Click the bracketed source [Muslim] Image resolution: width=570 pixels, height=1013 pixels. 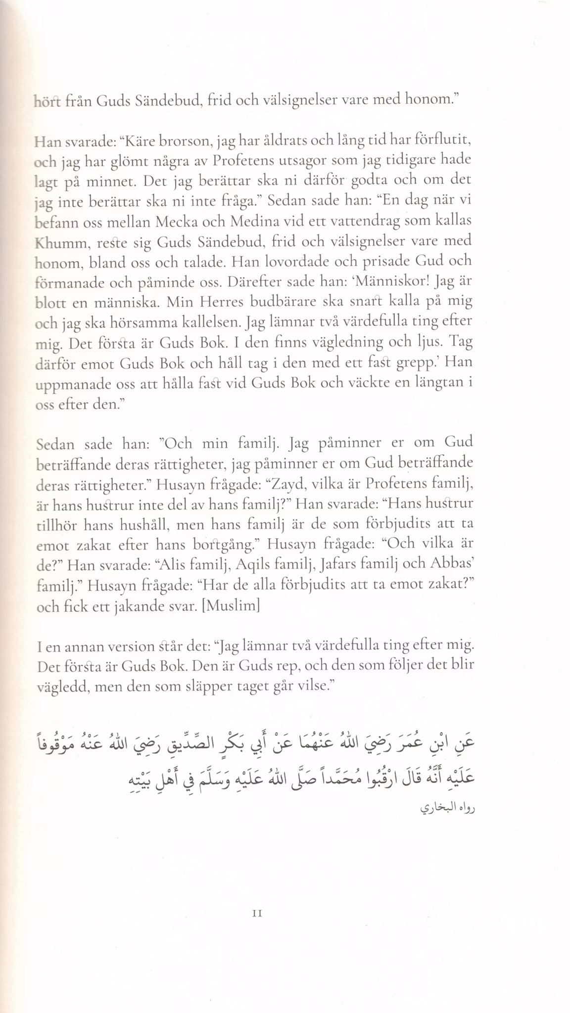tap(231, 606)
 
